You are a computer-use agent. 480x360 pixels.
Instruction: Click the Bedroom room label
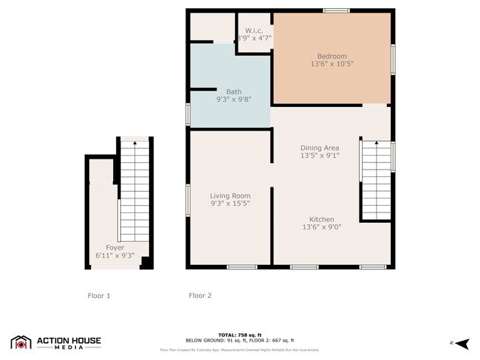[332, 56]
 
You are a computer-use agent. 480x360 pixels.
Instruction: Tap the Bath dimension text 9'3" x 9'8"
[233, 99]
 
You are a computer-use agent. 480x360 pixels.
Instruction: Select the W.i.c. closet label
[254, 30]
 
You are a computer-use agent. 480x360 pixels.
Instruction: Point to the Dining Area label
[320, 148]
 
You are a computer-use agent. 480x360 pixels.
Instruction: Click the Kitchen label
[322, 220]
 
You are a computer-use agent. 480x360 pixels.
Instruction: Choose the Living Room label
[230, 195]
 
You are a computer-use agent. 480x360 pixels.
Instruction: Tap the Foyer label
[114, 248]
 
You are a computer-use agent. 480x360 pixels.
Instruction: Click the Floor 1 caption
[98, 296]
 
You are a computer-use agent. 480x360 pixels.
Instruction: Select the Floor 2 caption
[200, 296]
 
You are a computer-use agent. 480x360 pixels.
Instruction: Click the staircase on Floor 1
[134, 195]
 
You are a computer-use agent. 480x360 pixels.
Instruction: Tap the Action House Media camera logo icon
[21, 342]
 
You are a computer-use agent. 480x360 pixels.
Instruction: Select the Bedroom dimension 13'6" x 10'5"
[332, 64]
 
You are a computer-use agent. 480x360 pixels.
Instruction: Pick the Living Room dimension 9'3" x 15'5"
[230, 204]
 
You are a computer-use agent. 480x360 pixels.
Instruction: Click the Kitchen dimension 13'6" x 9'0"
[322, 228]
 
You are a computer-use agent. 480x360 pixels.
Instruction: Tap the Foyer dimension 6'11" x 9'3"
[114, 256]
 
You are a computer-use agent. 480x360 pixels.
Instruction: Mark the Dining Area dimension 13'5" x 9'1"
[320, 156]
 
